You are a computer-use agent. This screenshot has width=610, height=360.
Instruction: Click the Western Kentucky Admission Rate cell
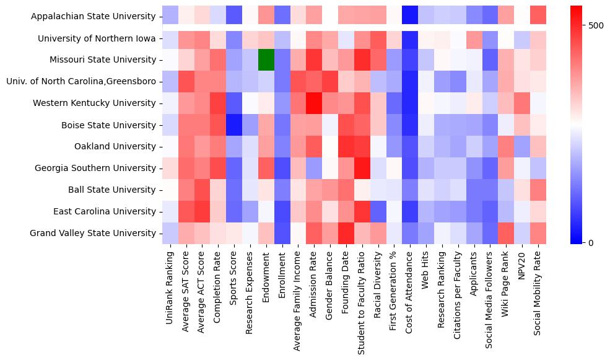tap(314, 103)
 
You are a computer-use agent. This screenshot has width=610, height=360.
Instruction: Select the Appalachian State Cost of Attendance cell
tap(410, 17)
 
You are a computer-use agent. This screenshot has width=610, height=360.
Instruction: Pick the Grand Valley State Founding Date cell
tap(346, 234)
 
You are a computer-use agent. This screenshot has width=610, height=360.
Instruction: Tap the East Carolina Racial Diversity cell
tap(378, 212)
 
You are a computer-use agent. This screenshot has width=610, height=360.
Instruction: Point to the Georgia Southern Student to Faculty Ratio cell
tap(362, 169)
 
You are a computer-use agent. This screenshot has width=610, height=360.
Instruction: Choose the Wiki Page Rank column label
tap(507, 283)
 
